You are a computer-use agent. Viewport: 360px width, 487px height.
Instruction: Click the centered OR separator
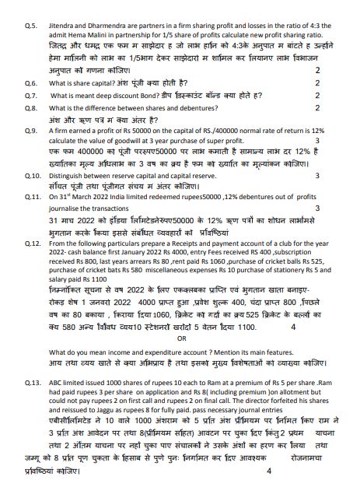click(x=182, y=339)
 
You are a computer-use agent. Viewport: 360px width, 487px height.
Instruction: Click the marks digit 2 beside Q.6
click(x=318, y=82)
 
